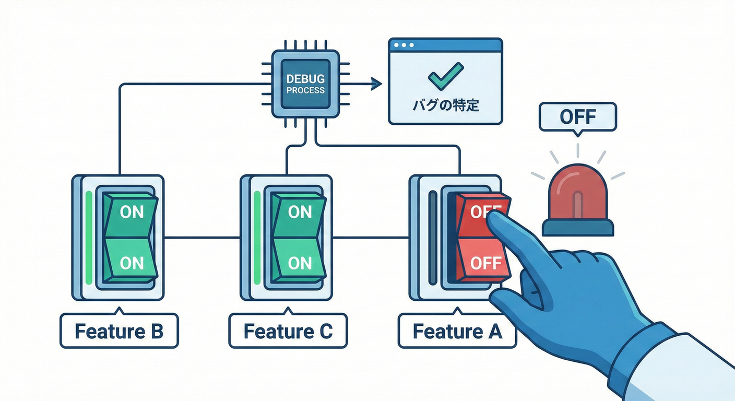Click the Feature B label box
119,331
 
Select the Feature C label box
288,331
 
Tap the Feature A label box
457,331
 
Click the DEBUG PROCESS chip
305,84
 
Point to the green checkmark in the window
445,75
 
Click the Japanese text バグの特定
445,105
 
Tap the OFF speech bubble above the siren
577,116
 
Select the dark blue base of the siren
578,228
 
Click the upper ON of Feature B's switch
132,213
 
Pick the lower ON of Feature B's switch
132,263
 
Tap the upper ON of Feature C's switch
300,213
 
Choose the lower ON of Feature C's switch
300,263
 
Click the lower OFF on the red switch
485,263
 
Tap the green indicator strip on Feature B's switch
89,238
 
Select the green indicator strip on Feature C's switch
257,238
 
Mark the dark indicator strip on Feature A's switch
432,238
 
